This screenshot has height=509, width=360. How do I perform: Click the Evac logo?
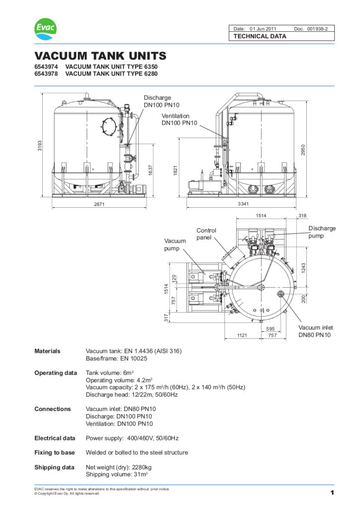45,28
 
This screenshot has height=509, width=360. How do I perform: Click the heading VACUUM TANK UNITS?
100,56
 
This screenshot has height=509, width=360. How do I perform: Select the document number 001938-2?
321,29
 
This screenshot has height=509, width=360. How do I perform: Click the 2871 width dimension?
100,204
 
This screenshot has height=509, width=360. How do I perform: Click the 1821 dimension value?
176,169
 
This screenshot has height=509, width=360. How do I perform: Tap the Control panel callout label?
206,234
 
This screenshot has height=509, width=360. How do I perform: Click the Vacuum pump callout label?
175,245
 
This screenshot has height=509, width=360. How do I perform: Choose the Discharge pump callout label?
322,232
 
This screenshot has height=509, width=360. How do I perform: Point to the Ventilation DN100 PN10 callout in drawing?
176,119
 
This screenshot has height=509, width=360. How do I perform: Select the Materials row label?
47,351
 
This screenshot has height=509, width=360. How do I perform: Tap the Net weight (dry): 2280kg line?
119,467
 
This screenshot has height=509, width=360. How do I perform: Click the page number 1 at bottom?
331,493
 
